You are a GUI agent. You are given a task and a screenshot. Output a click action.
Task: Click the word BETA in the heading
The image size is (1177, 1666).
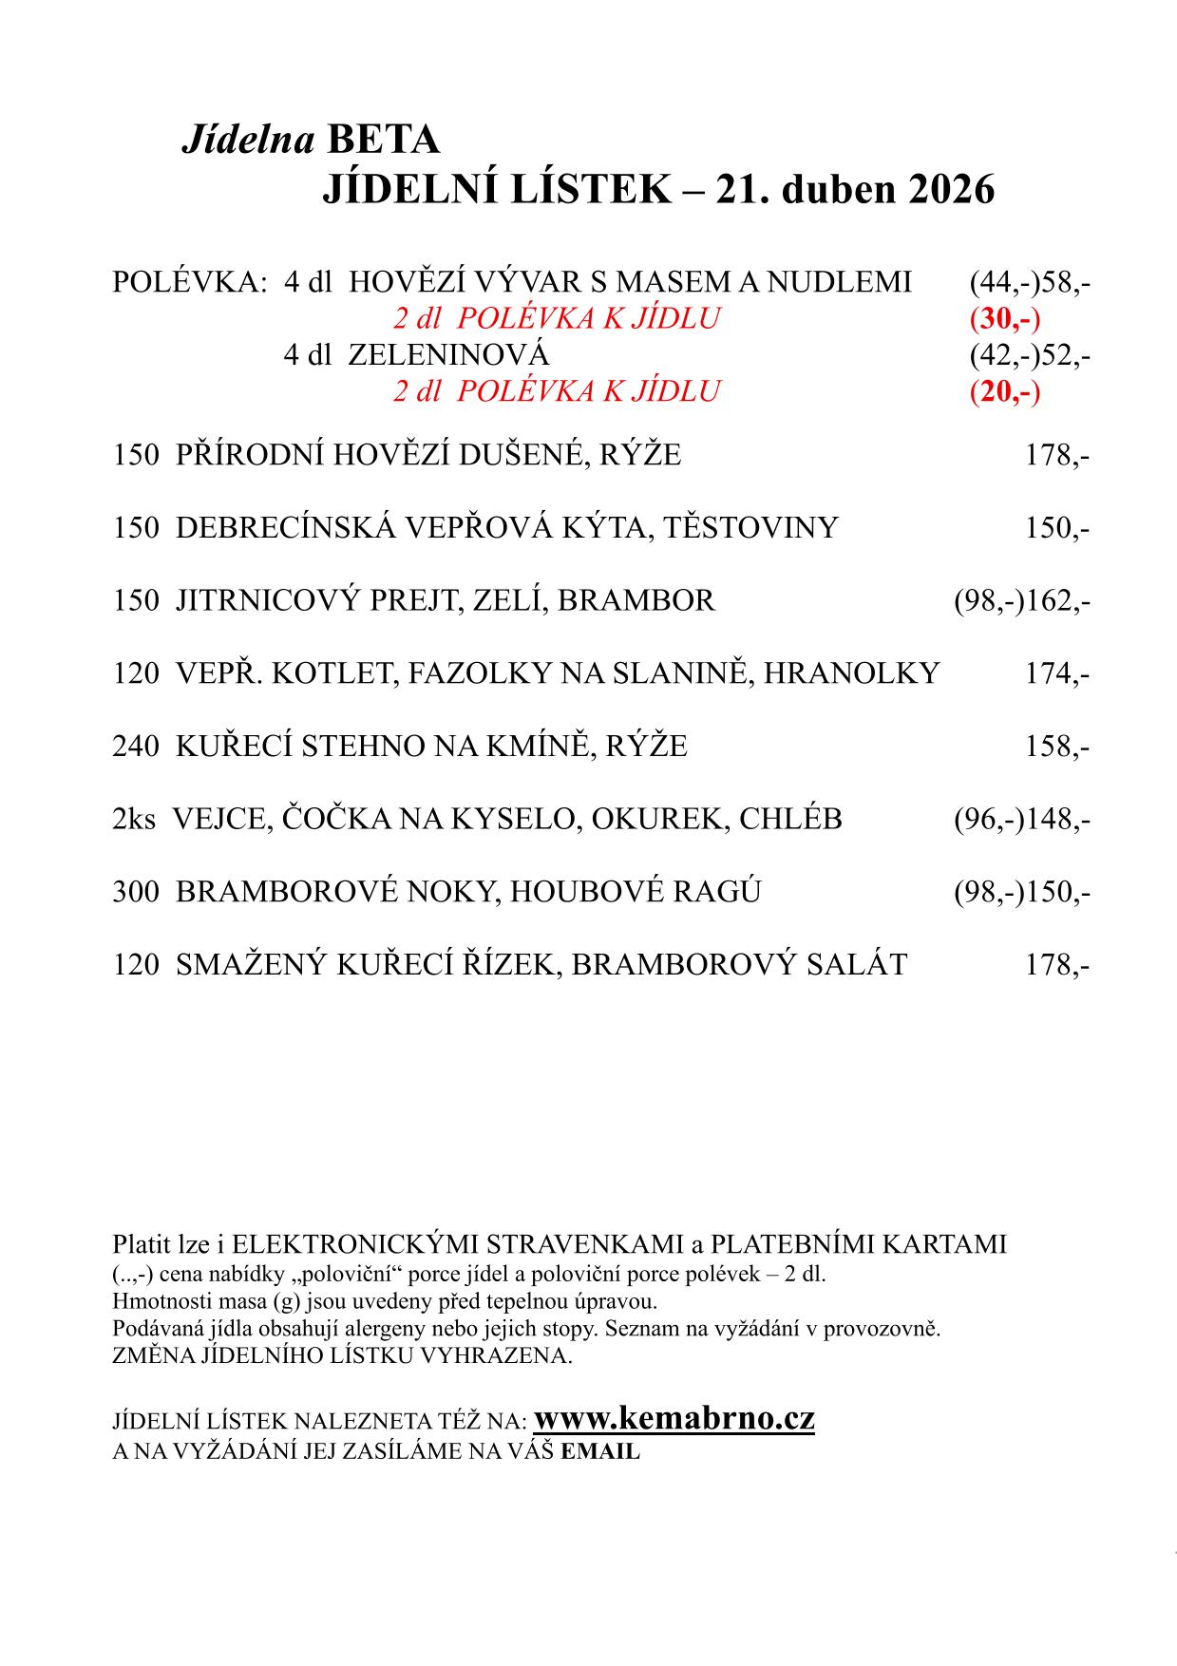point(384,141)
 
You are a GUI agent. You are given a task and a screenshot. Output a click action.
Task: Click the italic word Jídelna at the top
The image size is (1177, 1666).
point(247,141)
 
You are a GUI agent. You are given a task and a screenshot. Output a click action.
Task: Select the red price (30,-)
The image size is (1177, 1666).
point(1005,318)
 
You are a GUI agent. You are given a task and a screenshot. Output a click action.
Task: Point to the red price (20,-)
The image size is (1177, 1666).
point(1005,390)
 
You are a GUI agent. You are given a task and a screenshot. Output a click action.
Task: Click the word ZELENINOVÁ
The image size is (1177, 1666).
point(448,355)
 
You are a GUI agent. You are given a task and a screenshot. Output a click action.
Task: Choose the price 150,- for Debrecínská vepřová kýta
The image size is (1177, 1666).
point(1056,527)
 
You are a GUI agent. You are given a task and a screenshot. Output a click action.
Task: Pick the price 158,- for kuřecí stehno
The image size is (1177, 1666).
point(1056,746)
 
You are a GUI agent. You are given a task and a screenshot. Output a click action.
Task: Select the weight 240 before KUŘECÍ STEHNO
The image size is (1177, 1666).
point(135,746)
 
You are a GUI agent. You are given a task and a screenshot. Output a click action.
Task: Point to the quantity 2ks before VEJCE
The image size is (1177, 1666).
point(133,819)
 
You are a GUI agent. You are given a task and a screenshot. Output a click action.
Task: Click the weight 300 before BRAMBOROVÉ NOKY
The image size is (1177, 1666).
point(135,892)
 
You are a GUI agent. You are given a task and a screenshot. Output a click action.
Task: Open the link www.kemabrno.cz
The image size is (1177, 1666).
point(674,1419)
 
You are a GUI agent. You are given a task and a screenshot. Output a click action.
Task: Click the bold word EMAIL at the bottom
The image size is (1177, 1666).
point(600,1451)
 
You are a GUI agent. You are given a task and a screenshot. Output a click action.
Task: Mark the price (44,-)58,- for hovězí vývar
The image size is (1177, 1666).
point(1030,282)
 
